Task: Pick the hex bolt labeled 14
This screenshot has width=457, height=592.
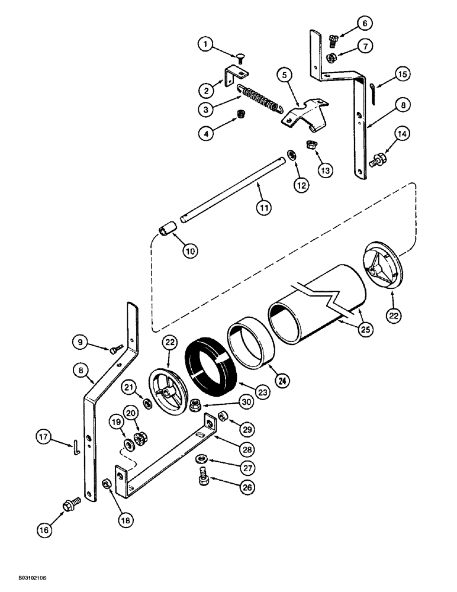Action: [377, 160]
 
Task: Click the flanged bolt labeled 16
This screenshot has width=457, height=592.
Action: [67, 507]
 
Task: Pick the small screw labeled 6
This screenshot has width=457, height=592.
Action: [333, 40]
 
